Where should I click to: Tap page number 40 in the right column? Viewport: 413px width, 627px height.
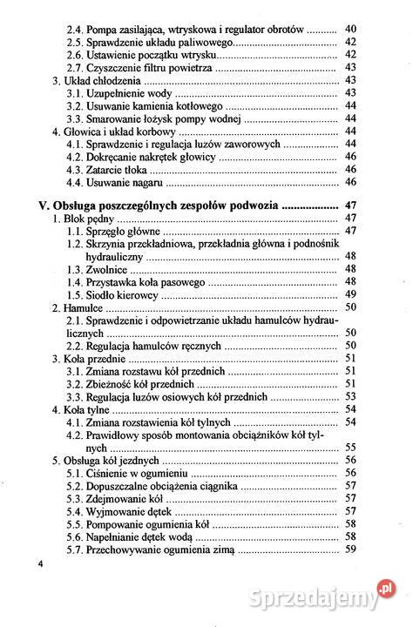[351, 29]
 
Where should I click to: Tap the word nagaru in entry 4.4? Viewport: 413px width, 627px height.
[144, 182]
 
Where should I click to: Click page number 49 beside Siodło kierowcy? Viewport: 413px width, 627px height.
[351, 294]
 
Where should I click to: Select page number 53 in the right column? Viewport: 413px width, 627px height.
[351, 396]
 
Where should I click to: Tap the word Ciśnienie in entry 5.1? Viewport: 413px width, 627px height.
[110, 472]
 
